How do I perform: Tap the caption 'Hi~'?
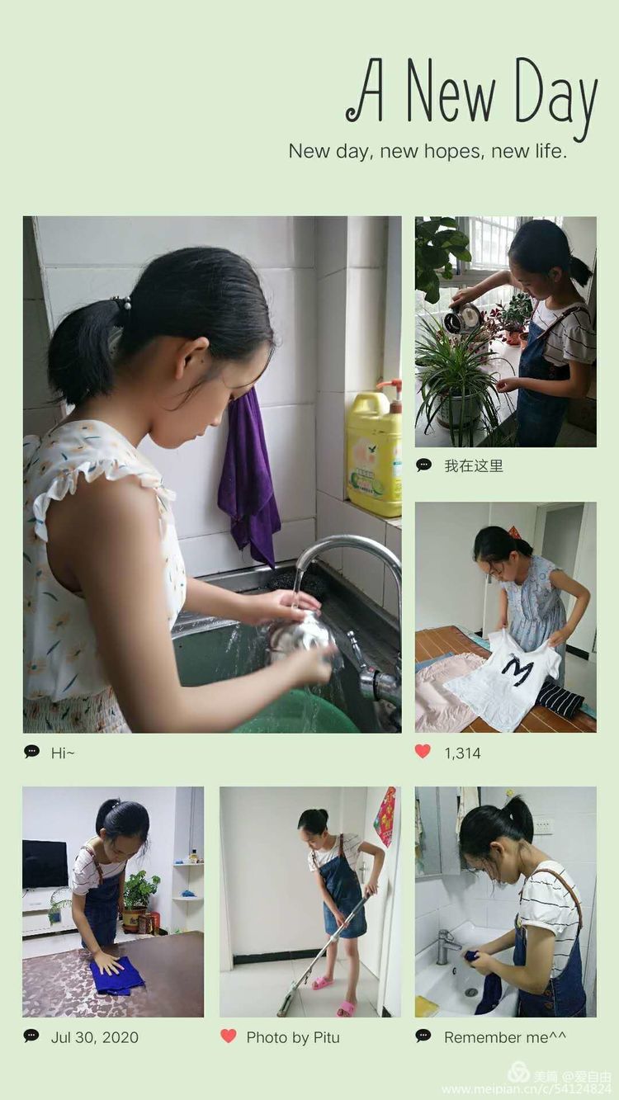(x=63, y=753)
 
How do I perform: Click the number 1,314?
(x=462, y=753)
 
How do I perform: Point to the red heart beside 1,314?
(x=423, y=751)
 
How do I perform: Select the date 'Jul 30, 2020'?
(x=95, y=1037)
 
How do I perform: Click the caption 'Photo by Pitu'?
(x=293, y=1037)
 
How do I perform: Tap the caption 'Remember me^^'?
(x=505, y=1037)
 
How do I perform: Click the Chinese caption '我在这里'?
(x=474, y=465)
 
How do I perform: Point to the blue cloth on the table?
(x=116, y=975)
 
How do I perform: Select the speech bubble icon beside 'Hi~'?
(x=31, y=751)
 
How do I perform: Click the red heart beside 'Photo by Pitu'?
(x=228, y=1036)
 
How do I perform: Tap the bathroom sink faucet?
(x=447, y=947)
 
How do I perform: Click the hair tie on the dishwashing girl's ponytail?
(x=122, y=303)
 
